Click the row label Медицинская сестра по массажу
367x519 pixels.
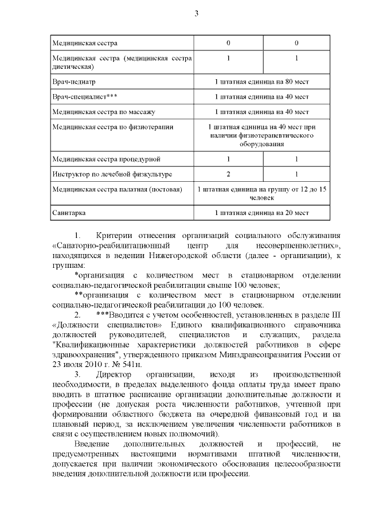pos(95,111)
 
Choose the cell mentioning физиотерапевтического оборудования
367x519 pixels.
pos(261,135)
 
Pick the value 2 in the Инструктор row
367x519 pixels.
pos(228,173)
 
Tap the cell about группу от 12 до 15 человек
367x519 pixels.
pos(261,193)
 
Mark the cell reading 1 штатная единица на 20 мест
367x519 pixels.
pos(261,213)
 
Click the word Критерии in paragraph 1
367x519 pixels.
pos(114,236)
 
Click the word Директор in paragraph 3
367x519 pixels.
pos(114,374)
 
